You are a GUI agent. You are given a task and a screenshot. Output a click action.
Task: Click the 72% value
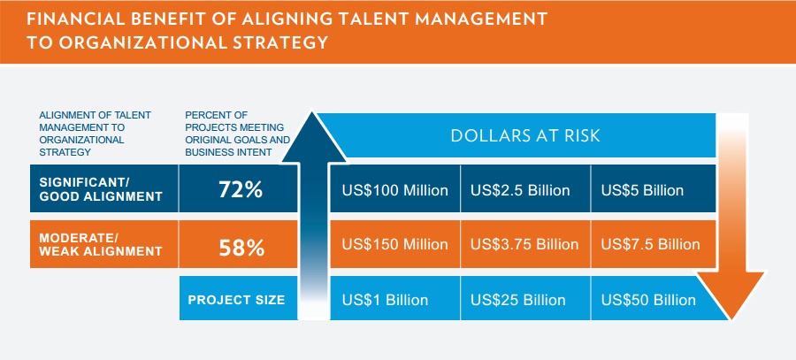241,190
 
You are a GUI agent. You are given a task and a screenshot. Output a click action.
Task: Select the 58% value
241,249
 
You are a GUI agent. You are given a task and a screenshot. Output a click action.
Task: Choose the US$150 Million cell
395,244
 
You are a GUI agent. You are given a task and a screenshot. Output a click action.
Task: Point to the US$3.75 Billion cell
524,244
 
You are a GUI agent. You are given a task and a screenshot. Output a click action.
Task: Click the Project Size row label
236,300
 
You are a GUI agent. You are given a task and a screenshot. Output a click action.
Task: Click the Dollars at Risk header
525,135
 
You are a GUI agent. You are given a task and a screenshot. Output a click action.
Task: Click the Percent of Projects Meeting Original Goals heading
238,134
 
